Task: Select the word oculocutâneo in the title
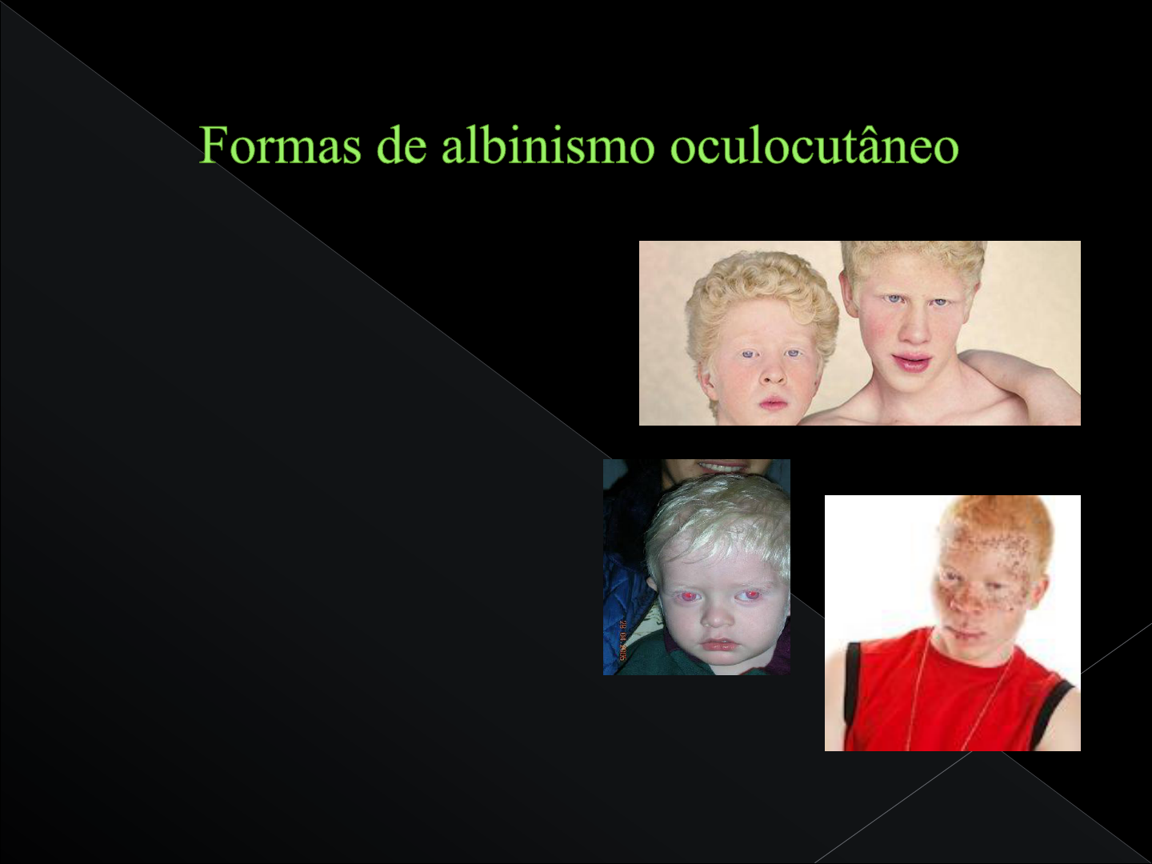814,146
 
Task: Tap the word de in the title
407,146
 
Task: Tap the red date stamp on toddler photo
622,641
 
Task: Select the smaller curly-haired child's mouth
774,402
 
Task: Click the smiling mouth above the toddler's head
720,466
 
